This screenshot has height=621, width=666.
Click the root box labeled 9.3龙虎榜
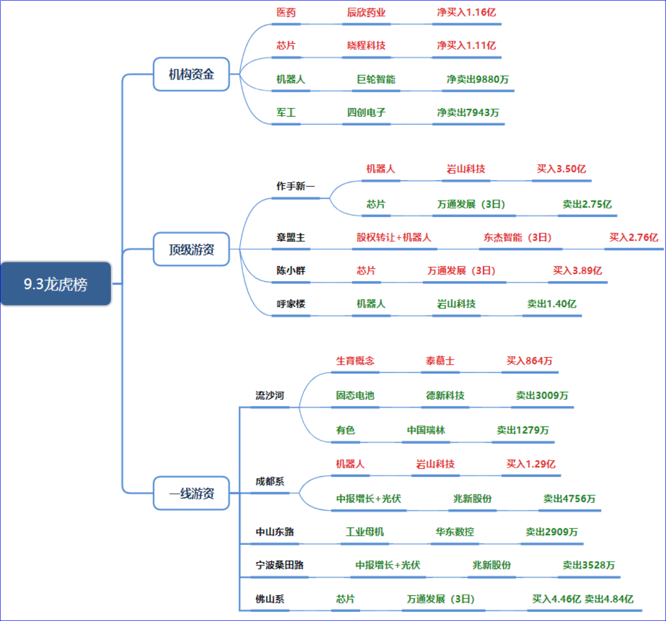tap(56, 284)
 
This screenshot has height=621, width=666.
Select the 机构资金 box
tap(191, 74)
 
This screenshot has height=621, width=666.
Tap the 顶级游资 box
tap(191, 249)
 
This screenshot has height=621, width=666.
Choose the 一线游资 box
tap(191, 493)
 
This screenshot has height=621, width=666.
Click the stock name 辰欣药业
tap(366, 13)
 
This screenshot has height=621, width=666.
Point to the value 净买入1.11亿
tap(466, 45)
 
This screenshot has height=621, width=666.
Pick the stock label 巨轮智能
tap(376, 79)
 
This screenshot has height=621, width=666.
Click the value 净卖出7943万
tap(468, 113)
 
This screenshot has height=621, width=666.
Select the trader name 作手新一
tap(296, 186)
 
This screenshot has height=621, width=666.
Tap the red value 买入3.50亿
tap(561, 169)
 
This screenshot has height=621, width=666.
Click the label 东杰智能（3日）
tap(517, 238)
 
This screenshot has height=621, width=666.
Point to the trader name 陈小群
tap(291, 270)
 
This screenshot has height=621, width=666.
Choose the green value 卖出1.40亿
tap(551, 304)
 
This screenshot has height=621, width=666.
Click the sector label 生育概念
tap(355, 360)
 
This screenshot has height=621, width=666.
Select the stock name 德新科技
tap(445, 395)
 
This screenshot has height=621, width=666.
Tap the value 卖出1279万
tap(522, 430)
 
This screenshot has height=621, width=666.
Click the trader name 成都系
tap(269, 481)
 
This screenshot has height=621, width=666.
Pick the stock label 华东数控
tap(455, 532)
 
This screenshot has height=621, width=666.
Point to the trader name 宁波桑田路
tap(279, 565)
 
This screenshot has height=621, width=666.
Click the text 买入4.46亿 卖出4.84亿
tap(583, 599)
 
